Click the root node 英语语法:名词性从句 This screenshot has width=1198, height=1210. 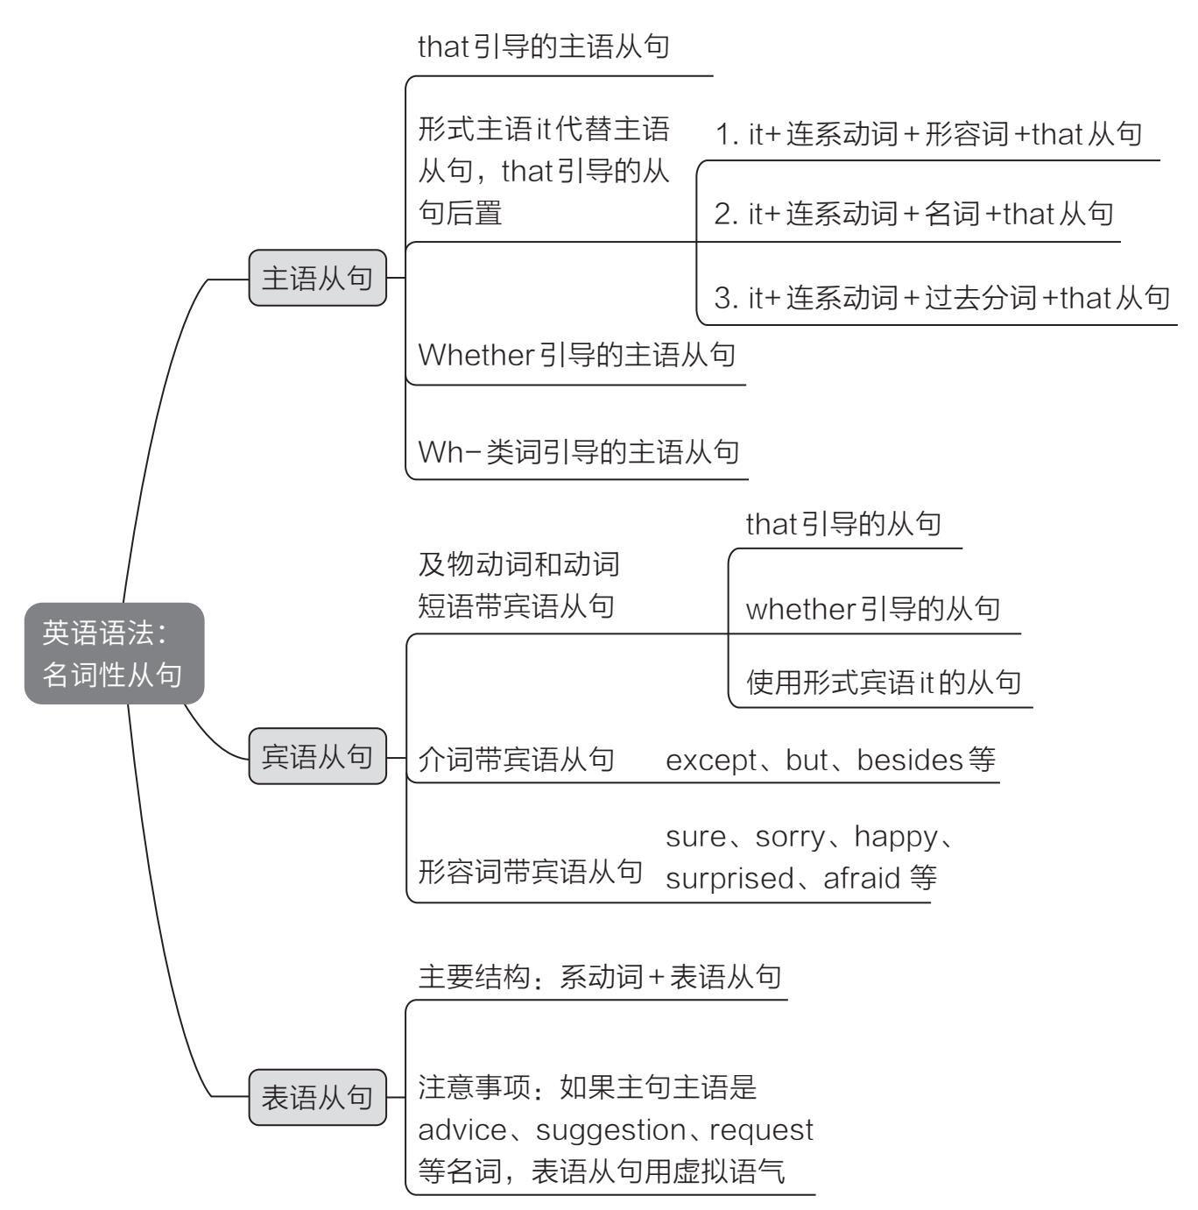tap(114, 653)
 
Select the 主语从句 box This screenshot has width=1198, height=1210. tap(317, 279)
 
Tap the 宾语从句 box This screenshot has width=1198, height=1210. tap(317, 756)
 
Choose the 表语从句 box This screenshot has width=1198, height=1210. tap(317, 1097)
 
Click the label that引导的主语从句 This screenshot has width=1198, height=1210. tap(544, 46)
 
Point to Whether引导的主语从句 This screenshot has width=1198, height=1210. tap(576, 355)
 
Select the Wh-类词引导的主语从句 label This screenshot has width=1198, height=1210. tap(578, 451)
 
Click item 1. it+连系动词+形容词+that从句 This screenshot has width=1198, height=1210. tap(929, 134)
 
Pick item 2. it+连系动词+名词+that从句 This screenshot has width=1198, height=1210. tap(914, 213)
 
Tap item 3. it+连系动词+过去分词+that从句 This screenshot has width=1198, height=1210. tap(942, 298)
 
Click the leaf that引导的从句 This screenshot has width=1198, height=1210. tap(843, 524)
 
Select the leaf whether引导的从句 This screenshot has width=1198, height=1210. tap(872, 608)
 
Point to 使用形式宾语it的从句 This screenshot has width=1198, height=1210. tap(883, 682)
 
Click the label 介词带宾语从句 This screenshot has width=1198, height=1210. tap(517, 760)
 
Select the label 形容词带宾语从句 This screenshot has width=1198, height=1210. tap(531, 872)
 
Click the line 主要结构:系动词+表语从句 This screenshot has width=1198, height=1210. tap(600, 976)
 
